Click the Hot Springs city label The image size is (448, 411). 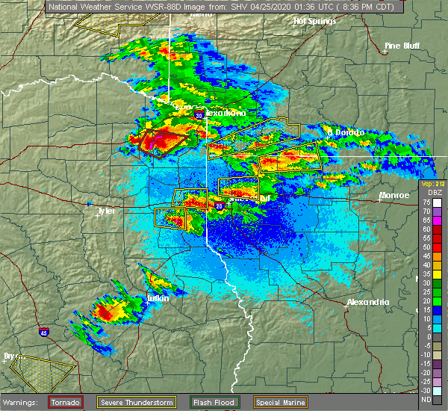(312, 22)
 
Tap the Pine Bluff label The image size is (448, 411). (402, 46)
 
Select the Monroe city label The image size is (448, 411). (394, 195)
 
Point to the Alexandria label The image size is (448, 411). (368, 302)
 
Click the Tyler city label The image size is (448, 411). (106, 211)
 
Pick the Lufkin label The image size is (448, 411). (157, 298)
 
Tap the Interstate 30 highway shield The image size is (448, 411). (199, 117)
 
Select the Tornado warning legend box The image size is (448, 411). (66, 402)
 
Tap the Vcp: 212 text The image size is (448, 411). (432, 183)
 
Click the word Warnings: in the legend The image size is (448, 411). (20, 402)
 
